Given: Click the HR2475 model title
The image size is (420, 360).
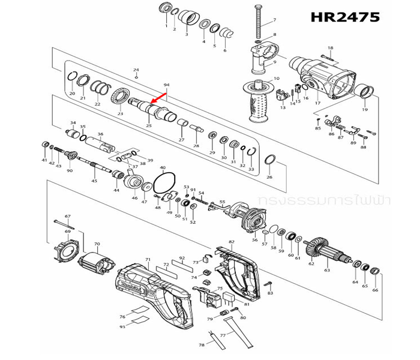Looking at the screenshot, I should coord(345,16).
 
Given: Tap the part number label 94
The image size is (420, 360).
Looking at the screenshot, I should coord(166,85).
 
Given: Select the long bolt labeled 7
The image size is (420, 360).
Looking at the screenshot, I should coord(259,21).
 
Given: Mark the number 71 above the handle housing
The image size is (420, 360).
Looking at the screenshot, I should coord(148,259).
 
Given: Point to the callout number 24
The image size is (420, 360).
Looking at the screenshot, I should coord(136,70).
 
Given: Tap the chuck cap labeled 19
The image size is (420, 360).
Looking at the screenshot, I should coord(364,92).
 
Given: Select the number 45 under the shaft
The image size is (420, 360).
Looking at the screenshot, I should coord(94,181).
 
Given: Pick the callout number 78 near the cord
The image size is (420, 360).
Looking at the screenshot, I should coord(202,346).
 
